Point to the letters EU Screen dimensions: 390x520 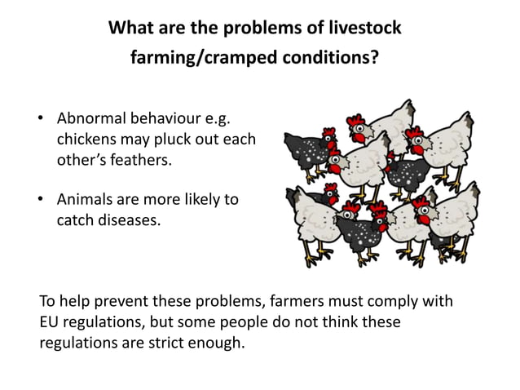point(49,321)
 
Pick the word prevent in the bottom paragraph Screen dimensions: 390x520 point(135,301)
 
